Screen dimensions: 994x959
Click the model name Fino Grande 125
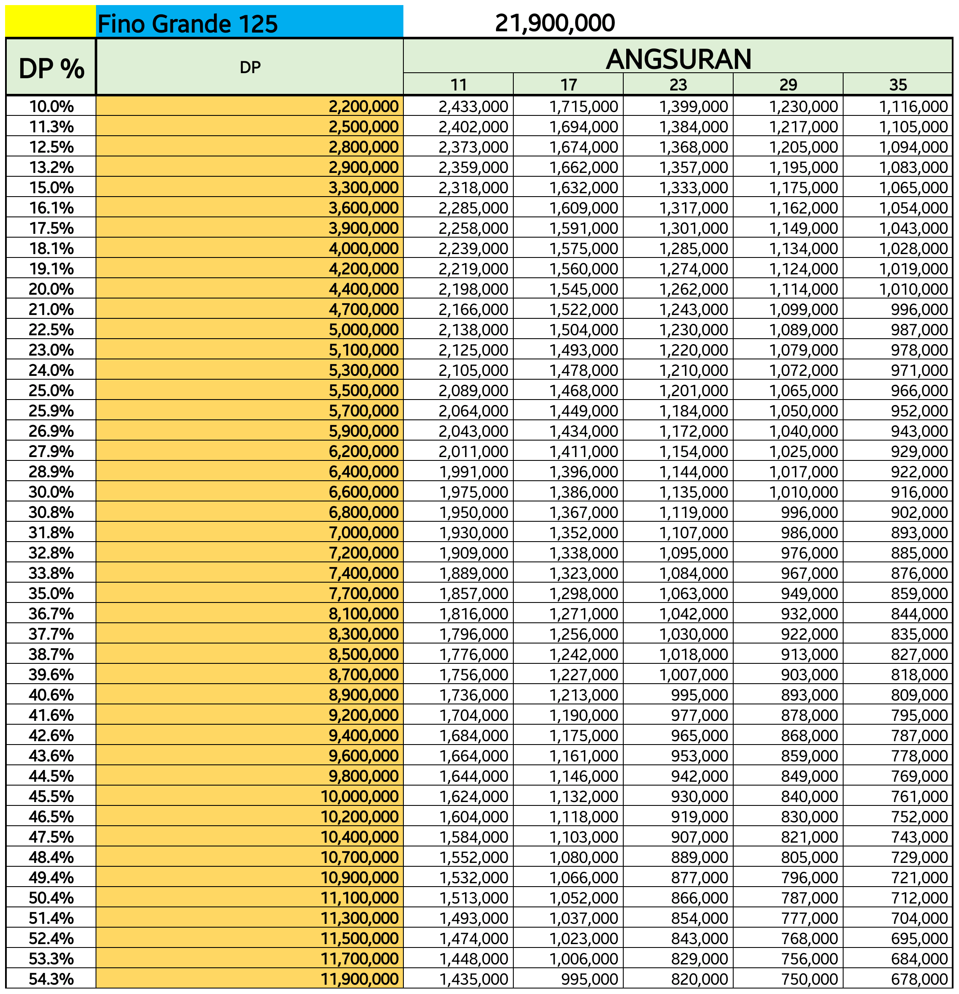tap(187, 24)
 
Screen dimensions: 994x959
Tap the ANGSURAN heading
tap(678, 59)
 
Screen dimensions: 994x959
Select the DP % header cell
tap(51, 68)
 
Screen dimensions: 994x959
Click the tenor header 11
tap(458, 85)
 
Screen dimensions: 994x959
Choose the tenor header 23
tap(678, 85)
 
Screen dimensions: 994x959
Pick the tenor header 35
tap(898, 85)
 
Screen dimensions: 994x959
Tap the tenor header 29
tap(788, 85)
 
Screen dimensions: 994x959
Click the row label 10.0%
tap(51, 107)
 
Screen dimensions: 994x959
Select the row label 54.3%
tap(51, 979)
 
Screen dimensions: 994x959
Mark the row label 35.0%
tap(51, 593)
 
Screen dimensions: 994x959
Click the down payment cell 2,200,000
tap(363, 107)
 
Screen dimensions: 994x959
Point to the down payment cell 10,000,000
tap(359, 796)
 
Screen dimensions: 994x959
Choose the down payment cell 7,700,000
tap(363, 593)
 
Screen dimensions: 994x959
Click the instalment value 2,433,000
tap(473, 107)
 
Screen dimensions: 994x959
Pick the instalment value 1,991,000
tap(473, 472)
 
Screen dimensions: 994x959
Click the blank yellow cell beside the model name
tap(51, 21)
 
